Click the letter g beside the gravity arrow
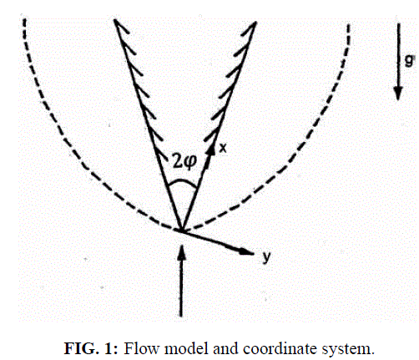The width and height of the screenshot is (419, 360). [x=408, y=60]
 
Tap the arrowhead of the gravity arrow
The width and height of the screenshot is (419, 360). [x=398, y=93]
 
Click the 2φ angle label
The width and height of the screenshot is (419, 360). [x=184, y=161]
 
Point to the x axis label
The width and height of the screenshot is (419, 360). [x=223, y=148]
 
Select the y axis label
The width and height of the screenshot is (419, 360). [x=266, y=256]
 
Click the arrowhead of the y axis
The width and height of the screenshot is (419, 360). [x=246, y=251]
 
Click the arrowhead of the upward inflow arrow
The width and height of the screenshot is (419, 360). [x=181, y=252]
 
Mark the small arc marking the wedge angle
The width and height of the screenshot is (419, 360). [x=182, y=181]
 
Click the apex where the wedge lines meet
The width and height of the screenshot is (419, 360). [x=181, y=231]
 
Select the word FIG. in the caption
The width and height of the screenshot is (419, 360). [x=82, y=348]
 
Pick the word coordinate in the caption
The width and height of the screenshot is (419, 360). [x=280, y=348]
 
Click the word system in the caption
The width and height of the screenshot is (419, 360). [x=346, y=349]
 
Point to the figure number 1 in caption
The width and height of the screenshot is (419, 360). [x=109, y=348]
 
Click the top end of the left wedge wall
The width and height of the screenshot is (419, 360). [x=114, y=20]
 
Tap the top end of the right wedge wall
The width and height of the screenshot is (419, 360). [x=255, y=23]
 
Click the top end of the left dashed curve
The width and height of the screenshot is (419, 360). [x=24, y=19]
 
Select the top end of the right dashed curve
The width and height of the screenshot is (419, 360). [x=348, y=25]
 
